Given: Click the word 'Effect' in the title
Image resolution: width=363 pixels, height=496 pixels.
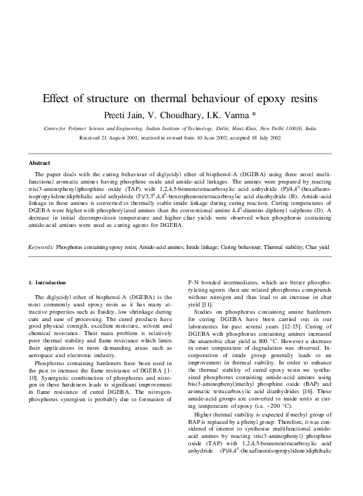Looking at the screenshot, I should coord(58,98).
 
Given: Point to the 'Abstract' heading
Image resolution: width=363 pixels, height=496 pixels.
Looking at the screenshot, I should coord(39,163).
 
